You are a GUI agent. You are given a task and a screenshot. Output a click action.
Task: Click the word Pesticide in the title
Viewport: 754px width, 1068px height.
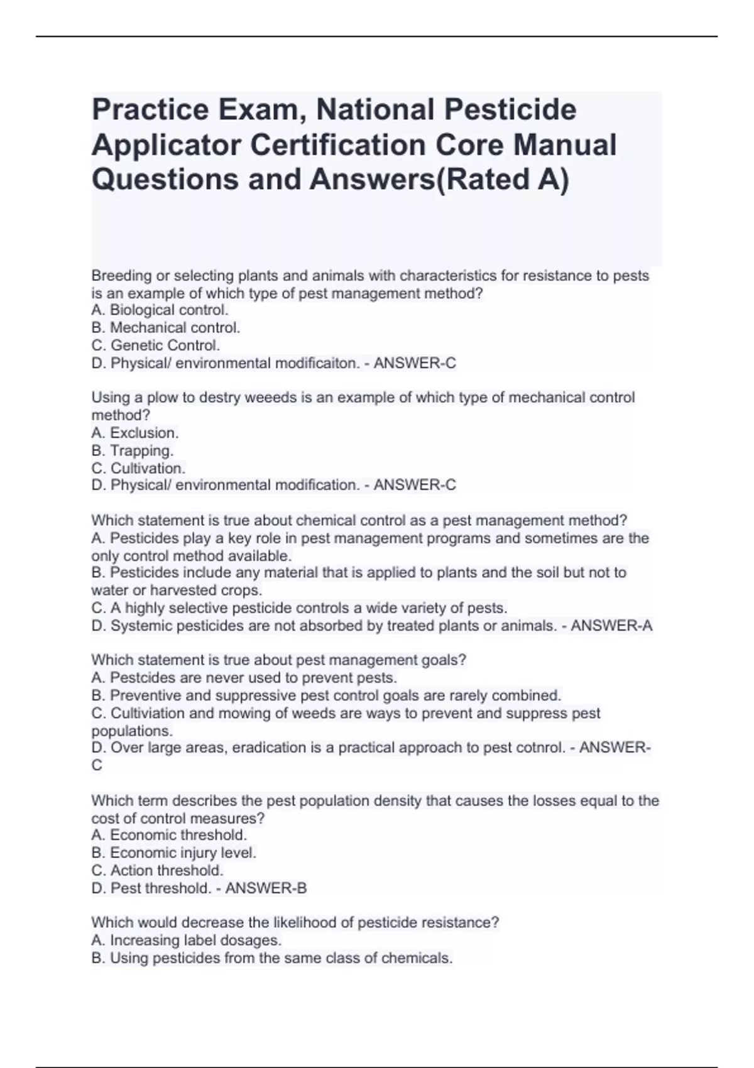coord(510,109)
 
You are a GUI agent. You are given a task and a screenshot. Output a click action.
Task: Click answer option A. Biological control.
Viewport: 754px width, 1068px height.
coord(160,310)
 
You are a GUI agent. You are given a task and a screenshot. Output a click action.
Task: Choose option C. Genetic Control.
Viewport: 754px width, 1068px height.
coord(155,345)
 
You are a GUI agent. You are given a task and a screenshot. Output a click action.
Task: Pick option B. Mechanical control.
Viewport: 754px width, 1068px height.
coord(165,327)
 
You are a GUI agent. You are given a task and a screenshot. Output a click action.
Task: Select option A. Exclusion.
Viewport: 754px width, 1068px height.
coord(134,433)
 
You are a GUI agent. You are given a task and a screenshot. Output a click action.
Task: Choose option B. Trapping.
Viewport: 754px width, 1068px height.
coord(132,450)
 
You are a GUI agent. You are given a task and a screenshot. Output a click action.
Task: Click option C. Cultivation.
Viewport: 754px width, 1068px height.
coord(138,468)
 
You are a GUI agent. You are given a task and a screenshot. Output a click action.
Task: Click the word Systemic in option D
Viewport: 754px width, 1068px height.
coord(141,626)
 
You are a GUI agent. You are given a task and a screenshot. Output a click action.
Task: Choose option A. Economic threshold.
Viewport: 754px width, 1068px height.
coord(169,835)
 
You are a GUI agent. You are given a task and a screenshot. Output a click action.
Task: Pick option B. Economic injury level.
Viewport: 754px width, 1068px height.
coord(173,853)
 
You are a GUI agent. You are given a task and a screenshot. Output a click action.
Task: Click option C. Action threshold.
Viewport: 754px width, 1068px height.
coord(157,870)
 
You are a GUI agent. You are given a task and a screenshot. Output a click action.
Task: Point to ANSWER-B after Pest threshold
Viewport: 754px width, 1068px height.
coord(266,888)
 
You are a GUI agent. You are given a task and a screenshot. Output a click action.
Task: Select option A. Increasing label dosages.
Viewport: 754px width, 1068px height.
coord(186,940)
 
